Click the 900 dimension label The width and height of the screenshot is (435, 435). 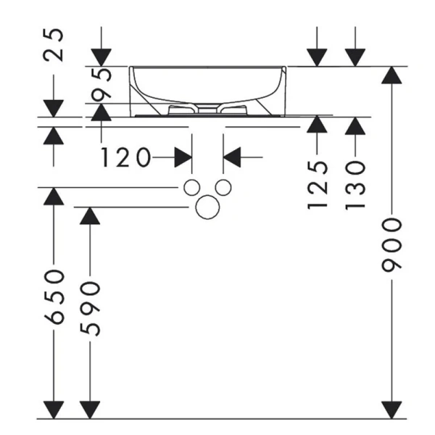[x=392, y=244]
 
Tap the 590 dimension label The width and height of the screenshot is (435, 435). [x=90, y=308]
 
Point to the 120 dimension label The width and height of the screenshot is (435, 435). [x=125, y=156]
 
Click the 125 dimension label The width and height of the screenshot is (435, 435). [x=317, y=186]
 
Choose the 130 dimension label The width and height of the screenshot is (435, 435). [x=355, y=186]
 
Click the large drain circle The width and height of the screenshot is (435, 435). [x=207, y=207]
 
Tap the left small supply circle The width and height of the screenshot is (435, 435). [x=191, y=187]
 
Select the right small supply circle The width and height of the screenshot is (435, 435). [x=223, y=187]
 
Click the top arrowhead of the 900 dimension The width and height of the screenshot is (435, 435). [x=392, y=75]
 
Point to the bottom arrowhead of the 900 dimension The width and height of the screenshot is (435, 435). [x=392, y=410]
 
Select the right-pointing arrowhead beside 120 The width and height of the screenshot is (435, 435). [x=183, y=156]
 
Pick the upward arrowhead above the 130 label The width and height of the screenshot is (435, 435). [x=355, y=126]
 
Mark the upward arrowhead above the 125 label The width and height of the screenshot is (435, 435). [x=317, y=125]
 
